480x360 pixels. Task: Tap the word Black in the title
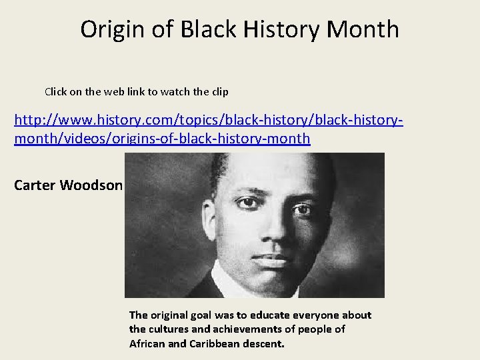coord(203,29)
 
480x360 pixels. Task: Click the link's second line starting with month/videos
coord(162,139)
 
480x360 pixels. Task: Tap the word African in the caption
coord(146,344)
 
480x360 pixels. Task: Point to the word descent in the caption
coord(263,344)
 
